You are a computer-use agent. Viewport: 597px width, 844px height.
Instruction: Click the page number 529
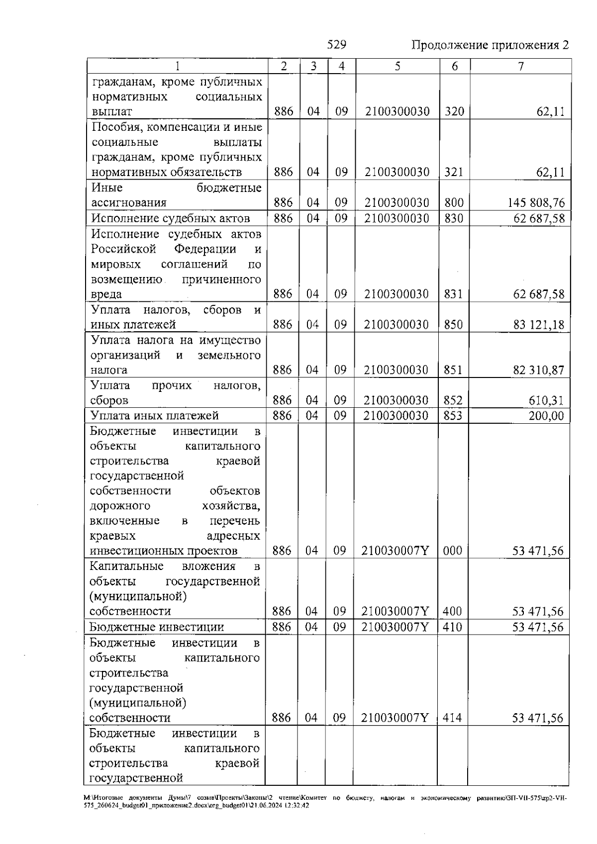[336, 45]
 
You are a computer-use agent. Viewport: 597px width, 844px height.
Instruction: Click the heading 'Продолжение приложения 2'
[490, 45]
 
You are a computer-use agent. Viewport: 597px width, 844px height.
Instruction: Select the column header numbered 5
[398, 66]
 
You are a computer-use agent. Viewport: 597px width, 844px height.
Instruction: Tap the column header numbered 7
[520, 66]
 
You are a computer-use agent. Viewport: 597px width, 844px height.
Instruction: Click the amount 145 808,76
[536, 203]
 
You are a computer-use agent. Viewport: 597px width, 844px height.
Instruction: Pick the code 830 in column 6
[454, 218]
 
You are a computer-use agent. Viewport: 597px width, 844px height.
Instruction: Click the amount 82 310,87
[538, 370]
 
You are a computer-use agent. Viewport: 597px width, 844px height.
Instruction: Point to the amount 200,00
[546, 416]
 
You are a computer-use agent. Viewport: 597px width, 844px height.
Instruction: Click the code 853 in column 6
[453, 415]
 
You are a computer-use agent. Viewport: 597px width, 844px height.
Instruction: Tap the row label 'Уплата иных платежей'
[155, 415]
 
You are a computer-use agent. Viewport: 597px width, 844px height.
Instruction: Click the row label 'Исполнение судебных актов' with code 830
[171, 218]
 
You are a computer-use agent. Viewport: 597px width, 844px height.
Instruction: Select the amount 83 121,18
[538, 325]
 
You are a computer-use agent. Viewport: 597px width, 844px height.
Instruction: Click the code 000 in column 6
[452, 551]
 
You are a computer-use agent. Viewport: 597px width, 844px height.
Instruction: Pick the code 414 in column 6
[452, 718]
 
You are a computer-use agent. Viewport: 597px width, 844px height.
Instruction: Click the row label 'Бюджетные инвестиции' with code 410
[157, 627]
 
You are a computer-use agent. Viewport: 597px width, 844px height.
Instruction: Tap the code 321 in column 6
[454, 172]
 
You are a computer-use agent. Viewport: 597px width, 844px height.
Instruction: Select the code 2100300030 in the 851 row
[396, 370]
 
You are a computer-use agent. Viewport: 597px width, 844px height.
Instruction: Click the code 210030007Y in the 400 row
[395, 611]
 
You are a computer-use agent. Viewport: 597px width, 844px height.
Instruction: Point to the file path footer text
[326, 801]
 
